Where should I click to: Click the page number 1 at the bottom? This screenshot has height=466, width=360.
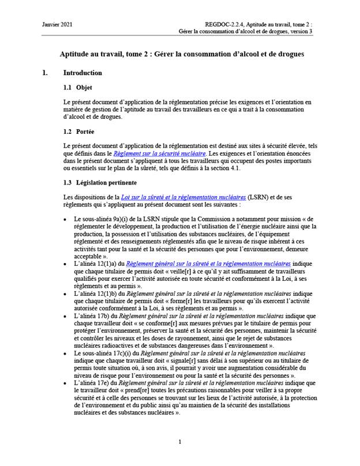180,442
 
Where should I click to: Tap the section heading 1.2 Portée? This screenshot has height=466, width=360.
80,131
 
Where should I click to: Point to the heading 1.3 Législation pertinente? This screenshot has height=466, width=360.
100,183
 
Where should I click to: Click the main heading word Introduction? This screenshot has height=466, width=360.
82,73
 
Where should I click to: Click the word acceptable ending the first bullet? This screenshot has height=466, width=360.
88,256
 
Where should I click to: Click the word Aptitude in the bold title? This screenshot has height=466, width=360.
75,54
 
